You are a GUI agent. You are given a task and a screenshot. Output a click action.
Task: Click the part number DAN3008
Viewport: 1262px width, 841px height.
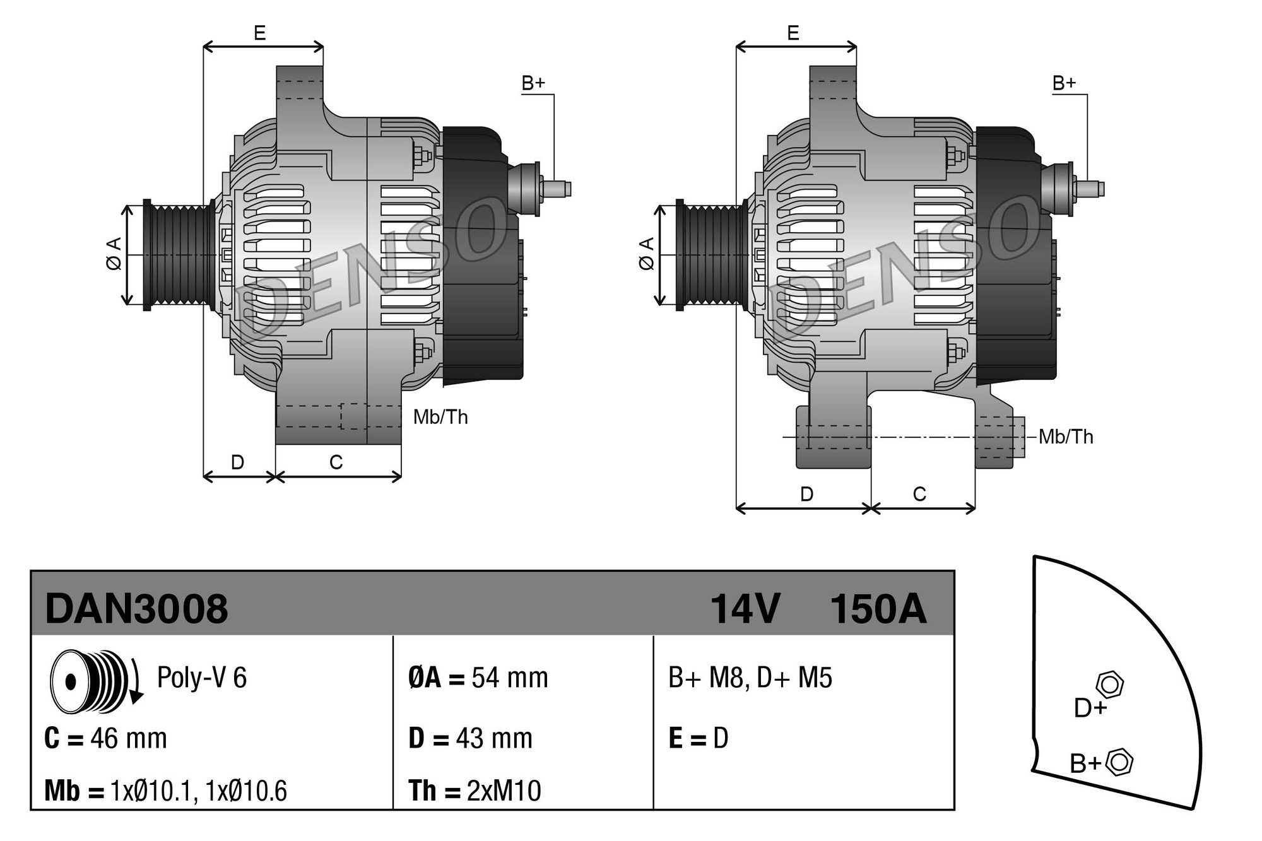click(136, 609)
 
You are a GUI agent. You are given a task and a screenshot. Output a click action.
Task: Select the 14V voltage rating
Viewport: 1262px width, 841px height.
click(745, 609)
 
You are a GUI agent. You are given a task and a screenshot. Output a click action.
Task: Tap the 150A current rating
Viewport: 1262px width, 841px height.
click(878, 609)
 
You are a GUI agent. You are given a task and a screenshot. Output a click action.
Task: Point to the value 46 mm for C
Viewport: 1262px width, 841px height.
click(128, 738)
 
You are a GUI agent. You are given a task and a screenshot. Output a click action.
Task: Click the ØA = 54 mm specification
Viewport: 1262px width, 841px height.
click(478, 678)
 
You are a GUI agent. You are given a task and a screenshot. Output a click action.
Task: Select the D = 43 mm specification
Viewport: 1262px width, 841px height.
click(470, 738)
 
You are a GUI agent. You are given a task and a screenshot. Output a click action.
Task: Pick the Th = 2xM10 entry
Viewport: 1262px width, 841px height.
click(475, 791)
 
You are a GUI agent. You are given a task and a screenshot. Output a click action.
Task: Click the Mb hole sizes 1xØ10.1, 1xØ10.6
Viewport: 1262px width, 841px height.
click(198, 791)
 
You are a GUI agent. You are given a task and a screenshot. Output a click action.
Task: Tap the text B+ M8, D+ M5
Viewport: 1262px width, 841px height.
click(750, 678)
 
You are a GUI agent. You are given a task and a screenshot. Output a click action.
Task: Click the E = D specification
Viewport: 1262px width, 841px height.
click(698, 738)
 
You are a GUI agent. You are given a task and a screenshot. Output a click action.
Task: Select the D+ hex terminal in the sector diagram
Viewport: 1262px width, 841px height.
click(1110, 685)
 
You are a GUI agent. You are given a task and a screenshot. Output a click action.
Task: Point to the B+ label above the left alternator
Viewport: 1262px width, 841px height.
click(533, 83)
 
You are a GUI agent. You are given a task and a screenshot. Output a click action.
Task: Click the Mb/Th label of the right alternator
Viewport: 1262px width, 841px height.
click(1066, 437)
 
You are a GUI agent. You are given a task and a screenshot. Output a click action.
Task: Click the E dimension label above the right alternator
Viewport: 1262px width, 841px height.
click(793, 33)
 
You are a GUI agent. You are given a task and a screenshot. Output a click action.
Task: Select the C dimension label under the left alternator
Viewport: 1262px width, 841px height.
click(336, 462)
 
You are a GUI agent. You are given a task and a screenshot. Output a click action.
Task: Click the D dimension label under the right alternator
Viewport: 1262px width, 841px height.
click(806, 494)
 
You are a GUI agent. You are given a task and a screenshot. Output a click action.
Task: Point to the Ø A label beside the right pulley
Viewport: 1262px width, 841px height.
click(647, 254)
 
